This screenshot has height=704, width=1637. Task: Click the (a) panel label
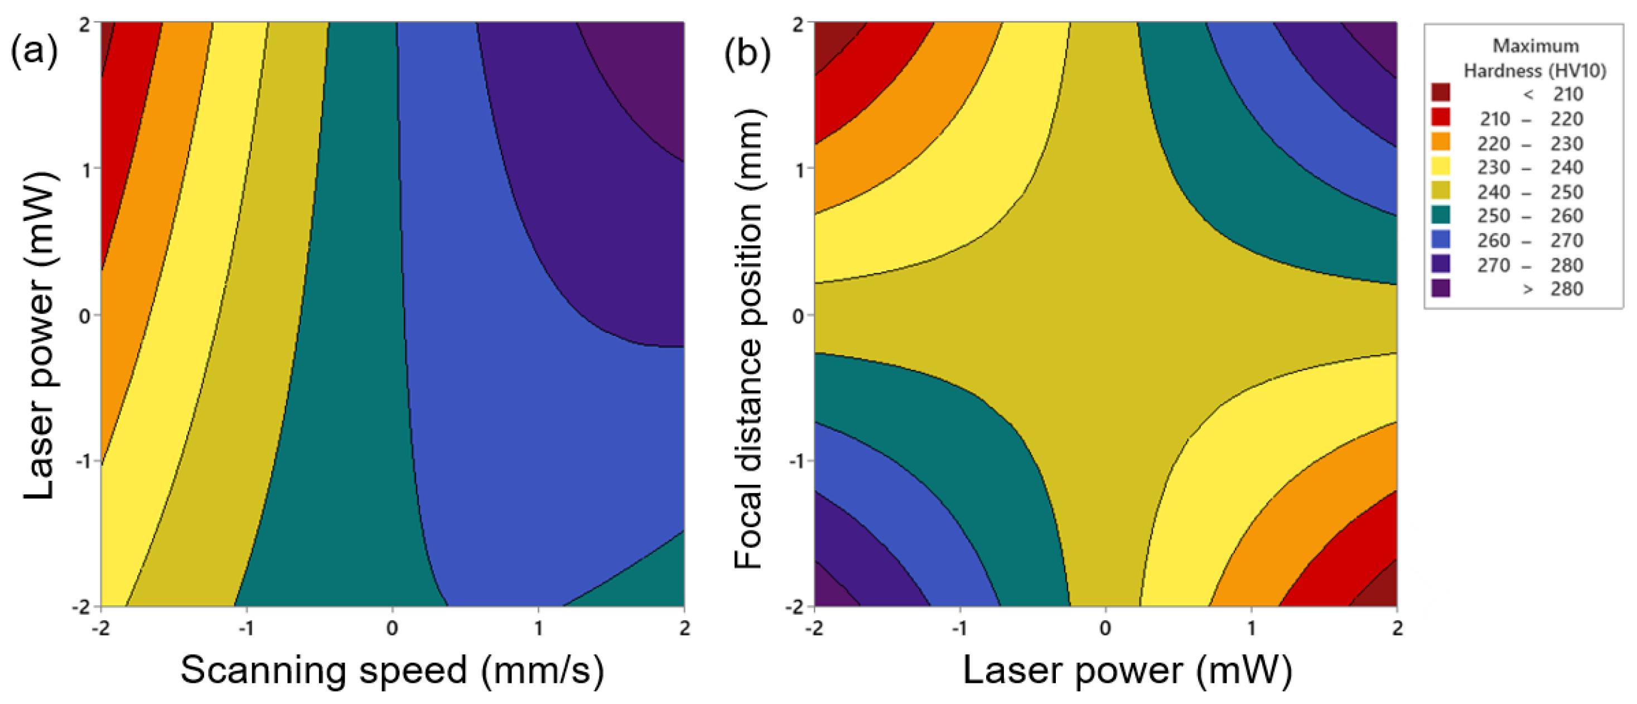(x=33, y=51)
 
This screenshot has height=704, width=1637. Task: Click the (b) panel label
(x=747, y=52)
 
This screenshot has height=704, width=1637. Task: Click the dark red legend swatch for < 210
(x=1441, y=93)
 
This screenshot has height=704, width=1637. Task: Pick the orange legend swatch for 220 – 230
(x=1441, y=142)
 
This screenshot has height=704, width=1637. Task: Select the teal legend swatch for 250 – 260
(x=1441, y=215)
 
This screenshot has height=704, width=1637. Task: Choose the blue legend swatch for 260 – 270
(x=1441, y=239)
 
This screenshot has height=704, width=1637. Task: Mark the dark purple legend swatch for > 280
(x=1441, y=288)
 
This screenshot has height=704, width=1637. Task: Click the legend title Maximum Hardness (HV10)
(x=1535, y=58)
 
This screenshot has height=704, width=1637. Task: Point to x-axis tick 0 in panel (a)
(x=392, y=628)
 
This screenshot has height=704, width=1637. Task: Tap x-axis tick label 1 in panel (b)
(x=1250, y=628)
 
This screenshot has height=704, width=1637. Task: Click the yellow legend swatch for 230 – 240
(x=1441, y=166)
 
